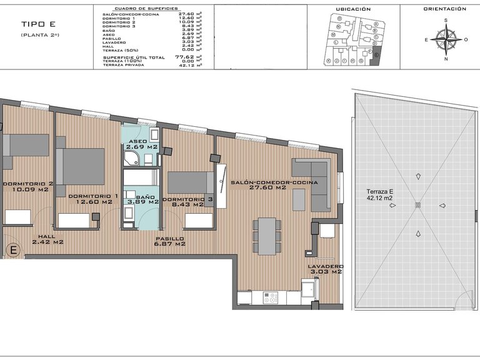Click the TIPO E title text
(x=38, y=24)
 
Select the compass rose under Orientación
(x=445, y=39)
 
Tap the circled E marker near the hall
(x=12, y=251)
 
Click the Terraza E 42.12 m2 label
(x=380, y=195)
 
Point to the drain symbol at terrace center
(x=417, y=206)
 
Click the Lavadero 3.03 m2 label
(x=325, y=269)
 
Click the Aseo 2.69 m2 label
(x=142, y=144)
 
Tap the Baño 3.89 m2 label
(x=142, y=201)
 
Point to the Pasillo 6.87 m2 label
(x=170, y=241)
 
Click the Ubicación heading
(x=353, y=9)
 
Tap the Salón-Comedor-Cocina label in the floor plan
(x=274, y=184)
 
